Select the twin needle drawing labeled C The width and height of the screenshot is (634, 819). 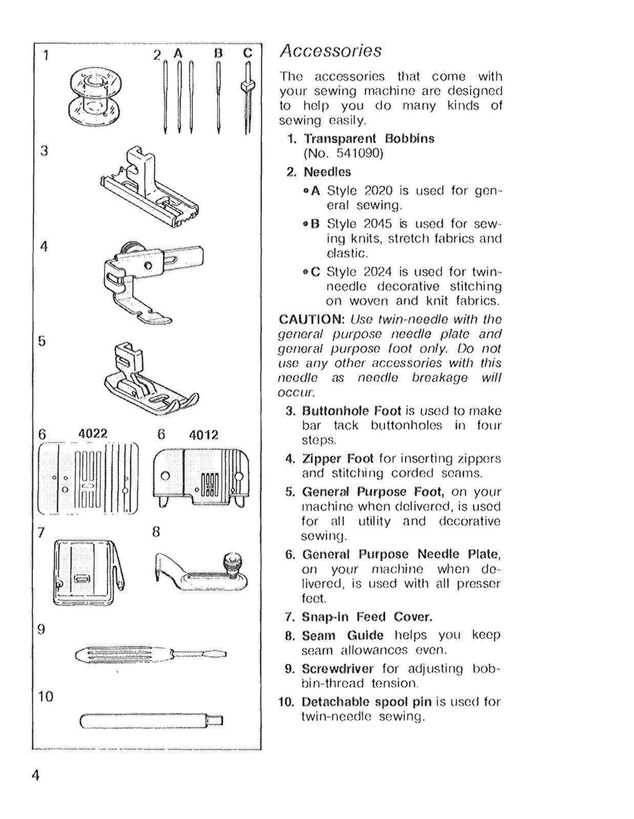(248, 99)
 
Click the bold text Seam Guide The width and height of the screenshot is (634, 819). (342, 636)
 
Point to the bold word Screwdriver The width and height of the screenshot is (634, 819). (337, 669)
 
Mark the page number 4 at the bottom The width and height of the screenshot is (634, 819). (36, 776)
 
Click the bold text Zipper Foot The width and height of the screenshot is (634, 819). (337, 459)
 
